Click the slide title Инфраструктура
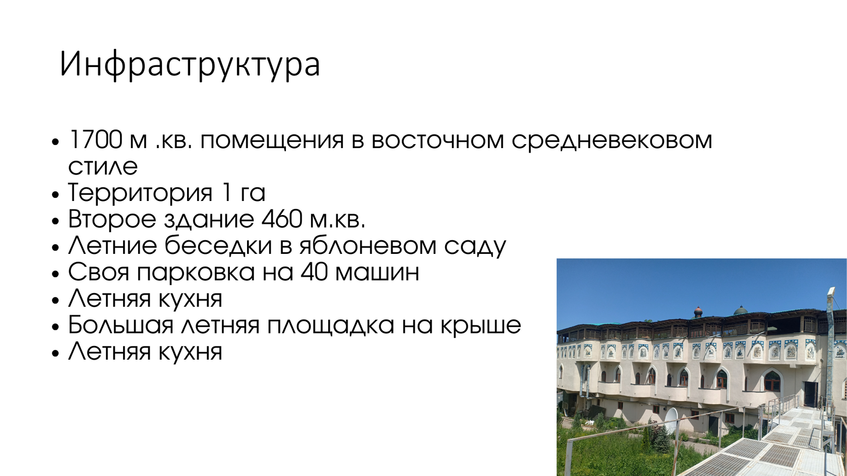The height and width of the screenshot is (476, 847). pos(190,64)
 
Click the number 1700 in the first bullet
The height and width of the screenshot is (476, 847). pos(95,140)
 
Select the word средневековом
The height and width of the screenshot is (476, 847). pos(612,140)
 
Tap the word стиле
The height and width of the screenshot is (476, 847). pos(103,166)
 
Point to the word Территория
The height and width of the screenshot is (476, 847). pos(140,193)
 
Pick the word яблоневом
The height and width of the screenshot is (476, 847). pos(368,246)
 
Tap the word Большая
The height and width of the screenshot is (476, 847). pos(120,325)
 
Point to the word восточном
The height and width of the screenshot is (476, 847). pos(438,140)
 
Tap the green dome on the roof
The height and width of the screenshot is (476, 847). pos(740,310)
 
